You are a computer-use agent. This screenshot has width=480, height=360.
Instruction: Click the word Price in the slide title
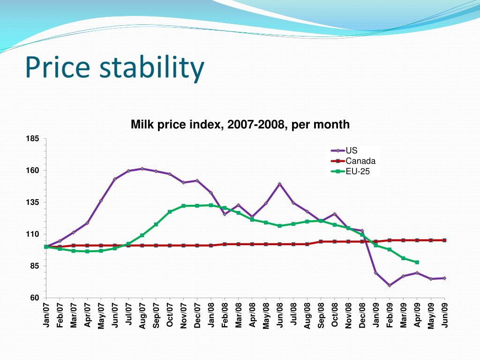[57, 67]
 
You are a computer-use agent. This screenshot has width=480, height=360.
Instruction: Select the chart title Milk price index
[240, 125]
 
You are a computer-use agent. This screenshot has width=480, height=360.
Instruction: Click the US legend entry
[351, 150]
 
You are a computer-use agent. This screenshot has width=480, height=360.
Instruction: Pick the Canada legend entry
[360, 161]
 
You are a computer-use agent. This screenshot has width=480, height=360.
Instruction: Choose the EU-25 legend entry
[357, 172]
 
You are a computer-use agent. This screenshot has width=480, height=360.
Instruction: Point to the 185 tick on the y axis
[33, 139]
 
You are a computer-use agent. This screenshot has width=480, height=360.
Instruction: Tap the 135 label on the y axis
[33, 202]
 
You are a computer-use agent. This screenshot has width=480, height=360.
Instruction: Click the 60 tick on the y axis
[35, 298]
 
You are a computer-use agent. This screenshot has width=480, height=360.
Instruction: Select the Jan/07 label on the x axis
[46, 315]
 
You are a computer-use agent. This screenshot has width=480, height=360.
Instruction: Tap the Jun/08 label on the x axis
[280, 315]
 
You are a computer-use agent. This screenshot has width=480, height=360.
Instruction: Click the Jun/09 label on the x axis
[445, 315]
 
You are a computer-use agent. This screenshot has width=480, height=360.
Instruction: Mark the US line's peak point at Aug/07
[142, 169]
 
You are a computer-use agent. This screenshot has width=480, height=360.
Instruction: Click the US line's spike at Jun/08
[280, 184]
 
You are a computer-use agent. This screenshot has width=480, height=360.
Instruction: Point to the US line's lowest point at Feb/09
[390, 285]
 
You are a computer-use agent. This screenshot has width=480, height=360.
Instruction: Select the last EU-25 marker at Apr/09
[417, 262]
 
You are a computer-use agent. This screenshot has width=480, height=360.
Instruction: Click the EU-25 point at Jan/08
[211, 205]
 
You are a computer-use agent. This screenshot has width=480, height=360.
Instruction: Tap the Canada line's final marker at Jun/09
[444, 240]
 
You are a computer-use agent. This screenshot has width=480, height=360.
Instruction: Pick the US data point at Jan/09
[376, 273]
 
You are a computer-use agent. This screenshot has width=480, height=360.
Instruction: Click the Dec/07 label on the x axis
[197, 315]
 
